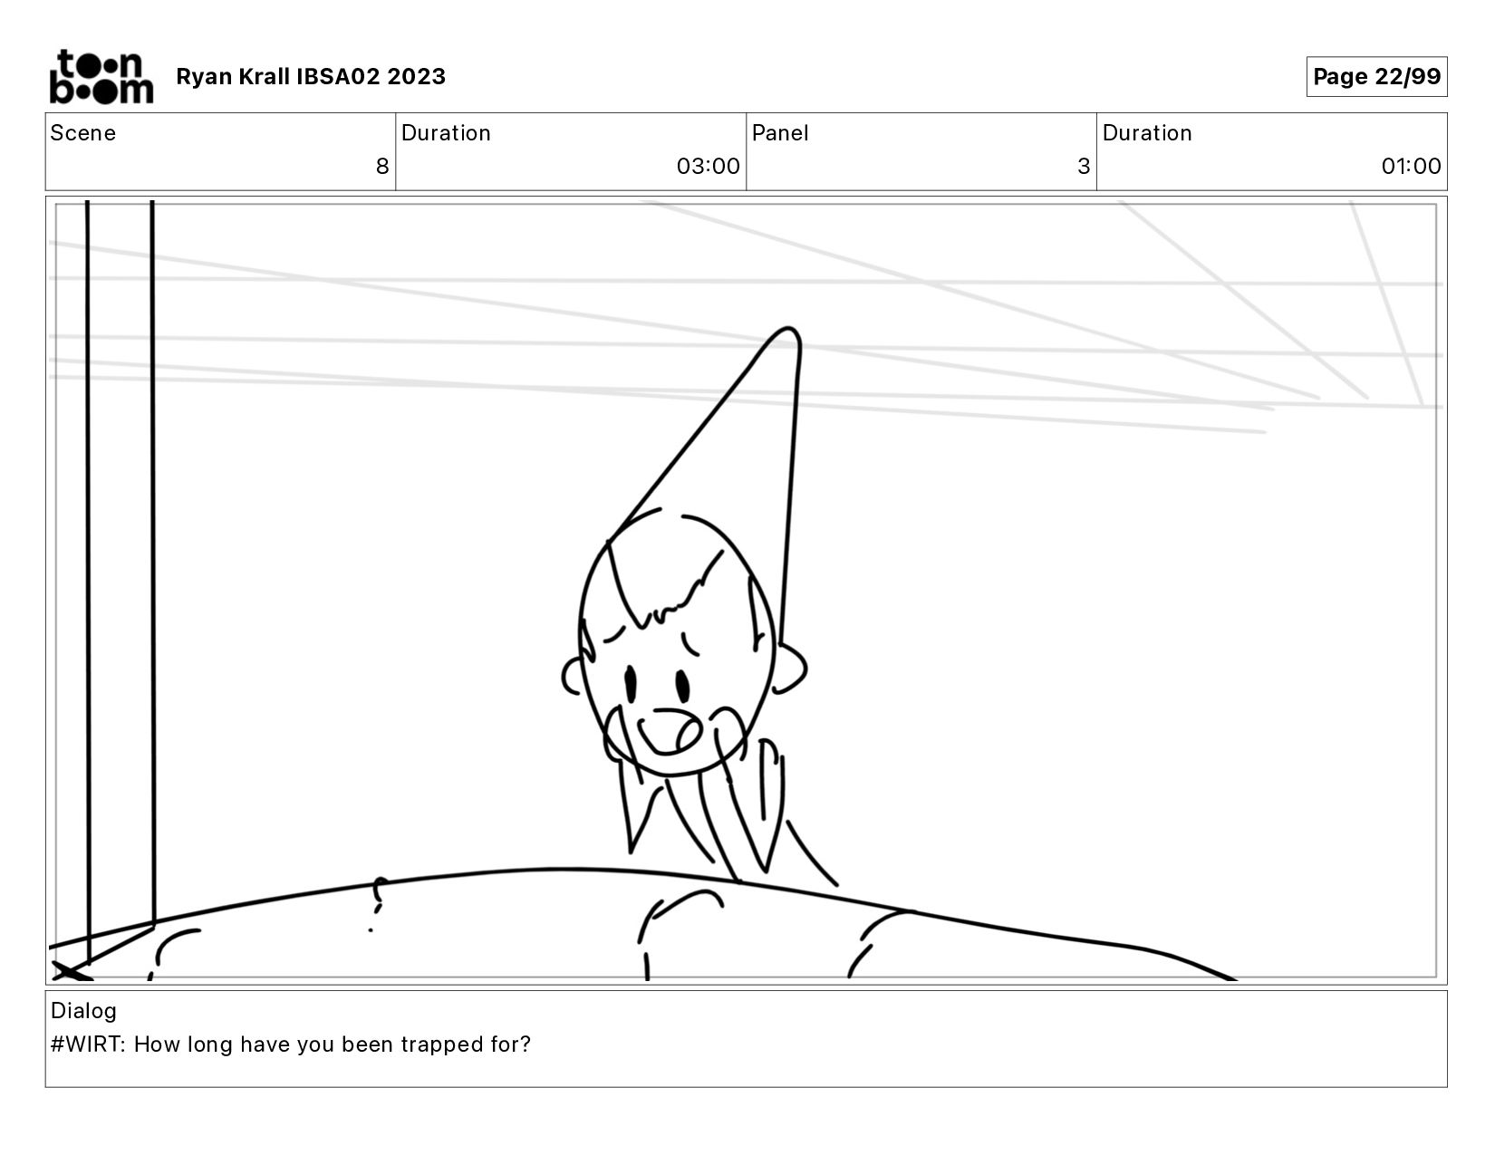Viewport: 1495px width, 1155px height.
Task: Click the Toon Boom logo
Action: click(x=101, y=76)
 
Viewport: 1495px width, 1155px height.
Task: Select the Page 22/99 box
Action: click(x=1376, y=76)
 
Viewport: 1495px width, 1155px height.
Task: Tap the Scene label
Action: click(x=83, y=133)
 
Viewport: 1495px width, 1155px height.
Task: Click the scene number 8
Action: click(x=382, y=166)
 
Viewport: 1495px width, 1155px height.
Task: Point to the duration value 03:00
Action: click(x=708, y=166)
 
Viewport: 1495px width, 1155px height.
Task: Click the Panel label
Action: click(x=780, y=133)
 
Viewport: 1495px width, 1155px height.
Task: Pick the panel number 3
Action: click(x=1084, y=166)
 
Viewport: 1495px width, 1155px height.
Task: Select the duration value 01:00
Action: click(x=1411, y=166)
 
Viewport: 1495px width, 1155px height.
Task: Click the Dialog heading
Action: click(x=84, y=1011)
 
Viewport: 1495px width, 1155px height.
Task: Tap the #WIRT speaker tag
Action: click(x=88, y=1044)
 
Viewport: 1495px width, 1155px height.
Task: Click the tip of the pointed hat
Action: click(x=788, y=328)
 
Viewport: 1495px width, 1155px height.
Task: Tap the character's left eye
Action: click(x=631, y=684)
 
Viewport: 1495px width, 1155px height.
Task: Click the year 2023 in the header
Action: click(x=416, y=76)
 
